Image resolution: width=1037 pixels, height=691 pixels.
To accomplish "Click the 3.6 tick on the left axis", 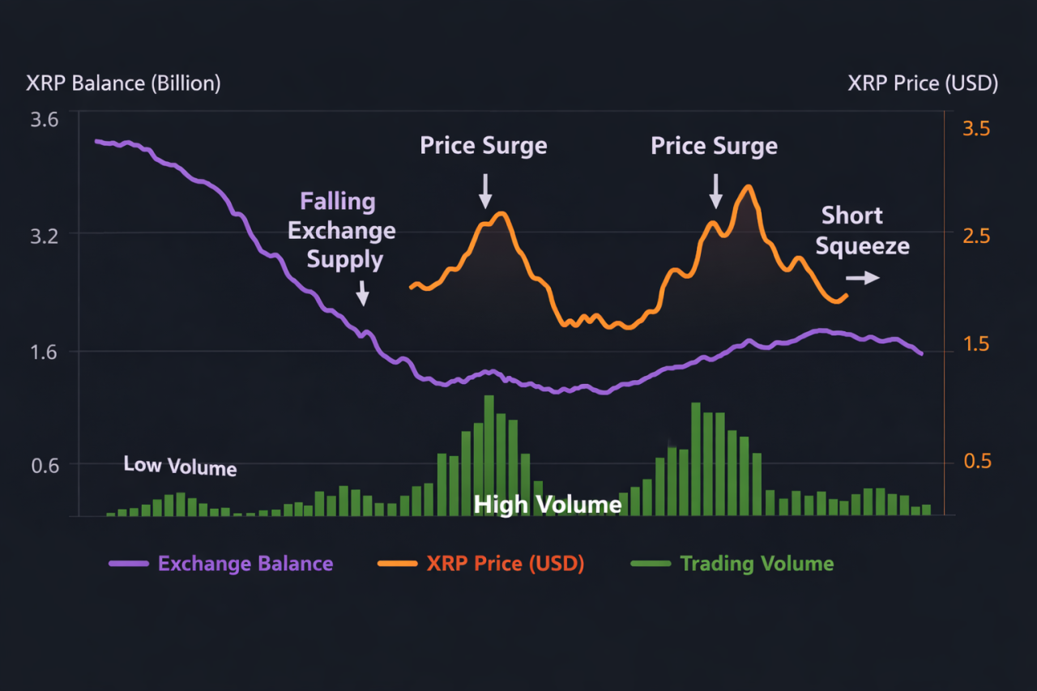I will tap(44, 121).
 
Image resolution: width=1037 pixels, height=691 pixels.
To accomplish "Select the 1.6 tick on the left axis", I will tap(44, 352).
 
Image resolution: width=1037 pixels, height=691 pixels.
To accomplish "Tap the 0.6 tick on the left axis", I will tap(44, 465).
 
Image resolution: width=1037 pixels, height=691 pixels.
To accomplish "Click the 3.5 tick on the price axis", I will tap(975, 130).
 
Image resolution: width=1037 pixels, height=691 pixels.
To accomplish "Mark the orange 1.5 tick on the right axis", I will tap(975, 344).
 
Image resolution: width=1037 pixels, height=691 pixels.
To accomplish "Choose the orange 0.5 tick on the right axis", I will tap(975, 461).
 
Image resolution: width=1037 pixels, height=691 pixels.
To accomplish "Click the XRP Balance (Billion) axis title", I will tap(123, 83).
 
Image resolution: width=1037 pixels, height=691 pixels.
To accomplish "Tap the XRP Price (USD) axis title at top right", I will tap(923, 83).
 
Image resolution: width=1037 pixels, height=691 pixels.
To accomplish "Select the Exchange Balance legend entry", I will tap(245, 564).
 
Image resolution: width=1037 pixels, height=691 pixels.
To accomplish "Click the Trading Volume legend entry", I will tap(756, 564).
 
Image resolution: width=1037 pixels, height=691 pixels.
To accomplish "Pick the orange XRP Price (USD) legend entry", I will tap(505, 564).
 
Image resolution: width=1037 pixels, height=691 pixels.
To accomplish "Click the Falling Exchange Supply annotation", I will tap(342, 231).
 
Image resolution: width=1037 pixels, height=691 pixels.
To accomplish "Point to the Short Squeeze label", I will tap(861, 231).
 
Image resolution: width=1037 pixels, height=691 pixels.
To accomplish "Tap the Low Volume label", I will tap(180, 466).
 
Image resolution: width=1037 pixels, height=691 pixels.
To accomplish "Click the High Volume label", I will tap(548, 505).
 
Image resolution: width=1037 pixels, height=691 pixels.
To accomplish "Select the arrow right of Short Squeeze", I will tap(868, 278).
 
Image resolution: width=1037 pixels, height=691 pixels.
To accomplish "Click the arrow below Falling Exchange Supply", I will tap(362, 292).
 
